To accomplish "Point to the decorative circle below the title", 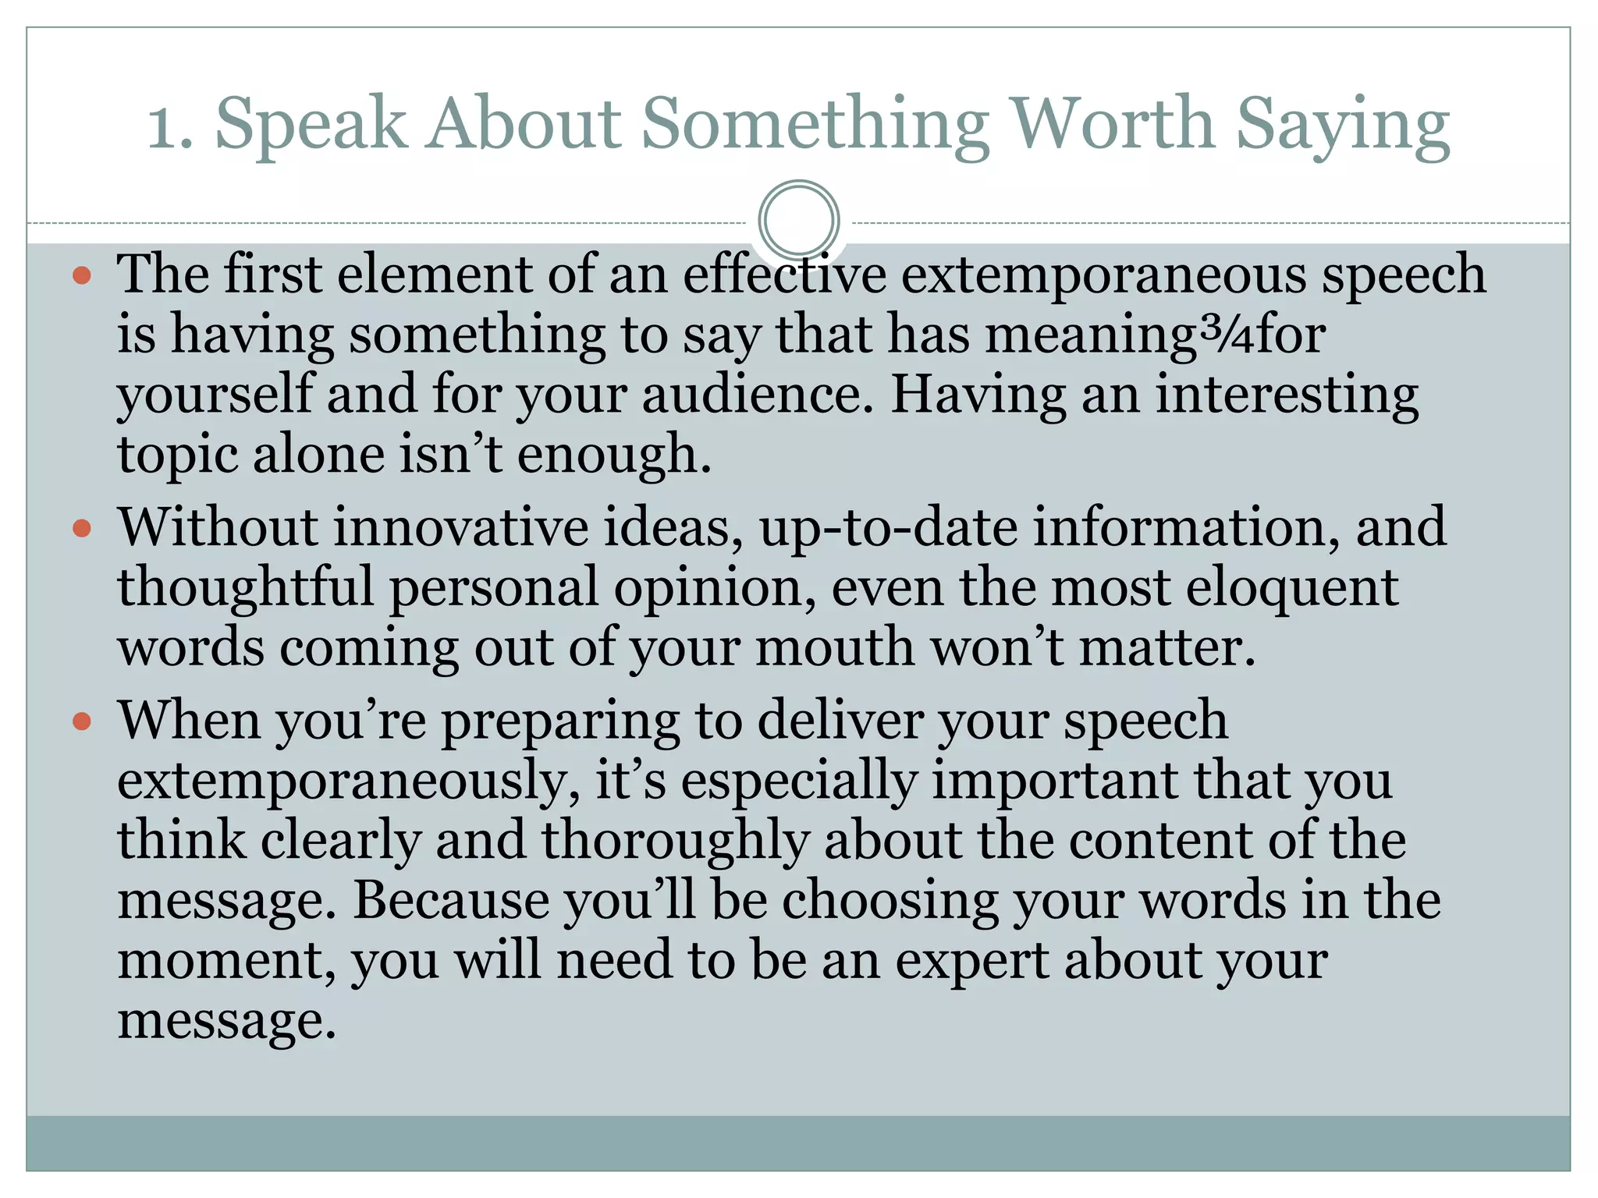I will point(798,220).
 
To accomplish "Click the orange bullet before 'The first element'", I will point(82,275).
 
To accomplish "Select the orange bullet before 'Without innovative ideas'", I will point(82,529).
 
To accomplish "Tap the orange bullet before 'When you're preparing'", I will point(82,721).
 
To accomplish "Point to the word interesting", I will point(1287,395).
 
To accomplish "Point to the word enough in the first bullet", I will point(614,455).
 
